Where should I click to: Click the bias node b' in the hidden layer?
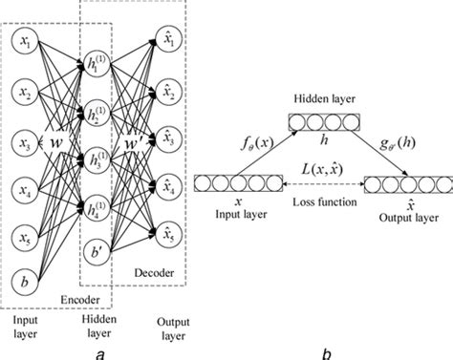point(96,253)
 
